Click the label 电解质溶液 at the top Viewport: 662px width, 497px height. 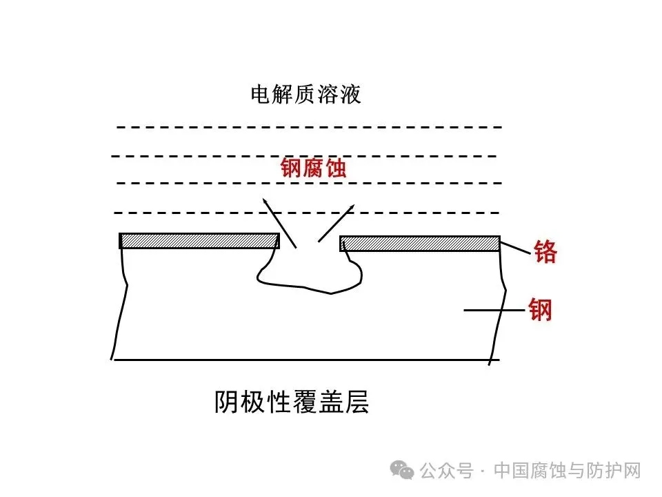pos(305,95)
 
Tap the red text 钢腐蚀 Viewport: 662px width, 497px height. pos(313,168)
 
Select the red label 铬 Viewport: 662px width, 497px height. pos(545,253)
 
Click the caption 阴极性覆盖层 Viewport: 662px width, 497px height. pos(292,402)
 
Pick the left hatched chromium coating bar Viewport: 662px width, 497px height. pos(199,241)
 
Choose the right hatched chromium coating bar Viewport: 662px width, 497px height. pos(419,244)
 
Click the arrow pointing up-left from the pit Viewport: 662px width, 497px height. pos(279,222)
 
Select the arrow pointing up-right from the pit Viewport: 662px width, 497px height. pos(337,222)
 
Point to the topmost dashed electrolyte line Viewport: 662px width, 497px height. pos(309,127)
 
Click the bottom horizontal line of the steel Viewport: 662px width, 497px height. pos(303,360)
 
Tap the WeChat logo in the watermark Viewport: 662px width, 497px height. pos(403,470)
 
